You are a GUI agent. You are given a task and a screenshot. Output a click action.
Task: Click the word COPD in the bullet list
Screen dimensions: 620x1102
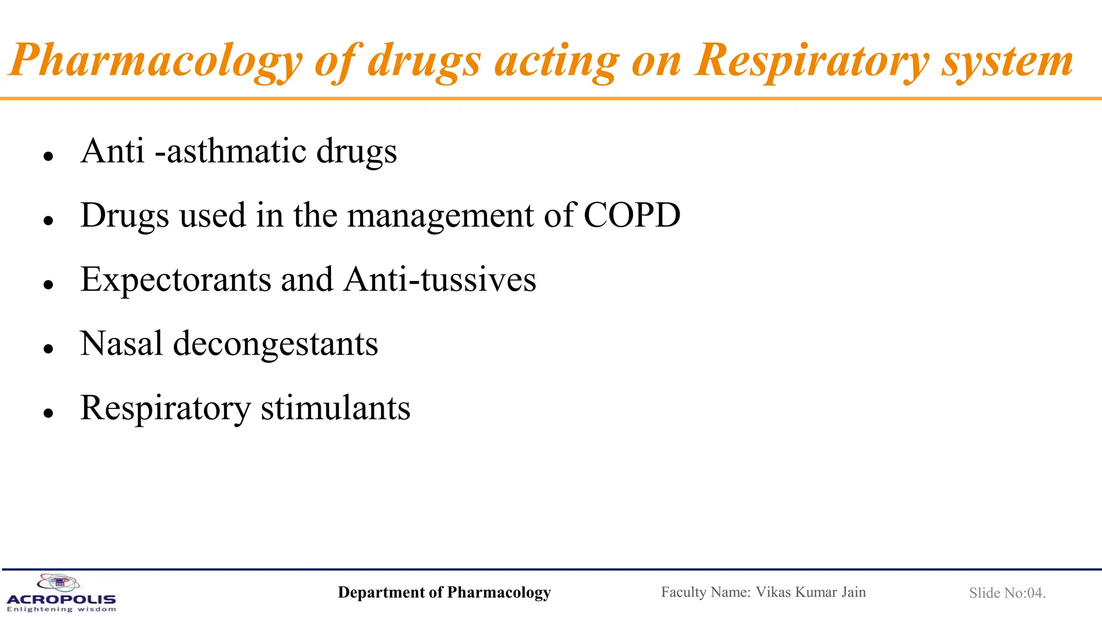pyautogui.click(x=632, y=215)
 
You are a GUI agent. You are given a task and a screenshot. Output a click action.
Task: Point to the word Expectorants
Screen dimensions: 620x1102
pyautogui.click(x=175, y=280)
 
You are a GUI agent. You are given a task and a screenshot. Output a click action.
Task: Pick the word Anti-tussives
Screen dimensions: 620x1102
pyautogui.click(x=440, y=280)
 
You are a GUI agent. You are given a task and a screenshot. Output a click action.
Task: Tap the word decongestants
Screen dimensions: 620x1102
pyautogui.click(x=275, y=344)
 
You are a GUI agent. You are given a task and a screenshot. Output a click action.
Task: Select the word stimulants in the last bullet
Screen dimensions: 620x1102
pyautogui.click(x=335, y=408)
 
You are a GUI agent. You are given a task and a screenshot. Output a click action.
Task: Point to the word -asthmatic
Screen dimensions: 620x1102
pyautogui.click(x=230, y=151)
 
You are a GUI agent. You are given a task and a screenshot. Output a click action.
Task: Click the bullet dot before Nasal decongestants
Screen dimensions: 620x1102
pyautogui.click(x=49, y=349)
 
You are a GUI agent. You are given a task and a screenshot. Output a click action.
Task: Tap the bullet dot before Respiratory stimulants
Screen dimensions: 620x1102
pyautogui.click(x=49, y=413)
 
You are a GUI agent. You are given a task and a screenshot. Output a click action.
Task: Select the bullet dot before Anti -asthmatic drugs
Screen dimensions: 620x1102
pyautogui.click(x=49, y=156)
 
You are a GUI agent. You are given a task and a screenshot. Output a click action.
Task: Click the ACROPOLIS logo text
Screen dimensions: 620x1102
pyautogui.click(x=61, y=599)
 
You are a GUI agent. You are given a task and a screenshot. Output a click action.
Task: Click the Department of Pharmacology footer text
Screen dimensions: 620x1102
pyautogui.click(x=444, y=593)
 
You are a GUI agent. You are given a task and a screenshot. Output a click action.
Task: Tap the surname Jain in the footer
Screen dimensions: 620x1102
pyautogui.click(x=853, y=592)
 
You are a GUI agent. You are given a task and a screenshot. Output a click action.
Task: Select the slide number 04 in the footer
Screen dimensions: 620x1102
pyautogui.click(x=1035, y=593)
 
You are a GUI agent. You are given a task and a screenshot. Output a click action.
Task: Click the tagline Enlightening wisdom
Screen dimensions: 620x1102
pyautogui.click(x=61, y=609)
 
